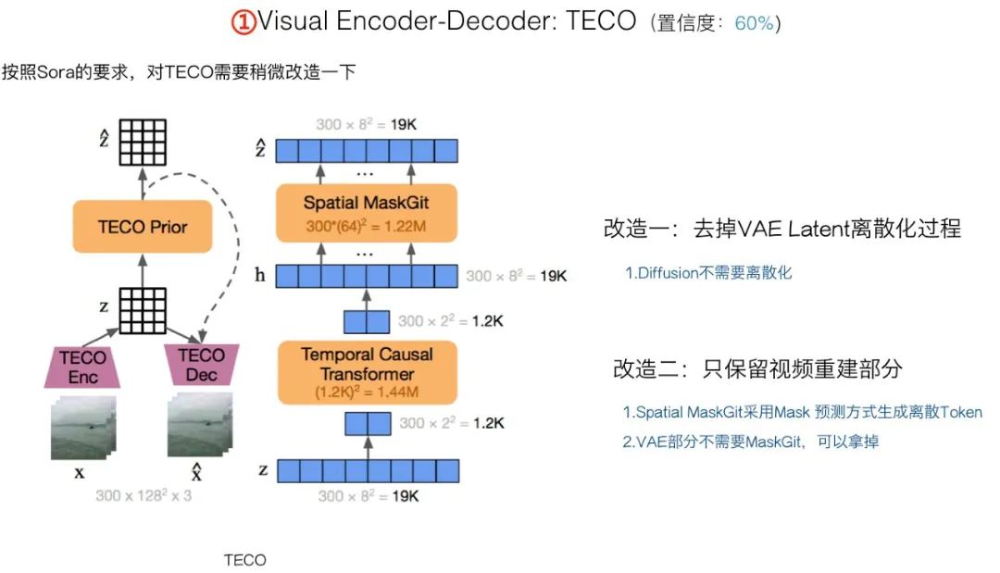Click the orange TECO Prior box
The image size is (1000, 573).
coord(143,226)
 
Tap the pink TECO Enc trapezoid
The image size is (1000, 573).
coord(82,367)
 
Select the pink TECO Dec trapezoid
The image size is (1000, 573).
coord(201,366)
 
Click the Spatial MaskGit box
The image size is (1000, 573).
coord(366,213)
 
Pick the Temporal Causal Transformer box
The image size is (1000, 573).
coord(368,373)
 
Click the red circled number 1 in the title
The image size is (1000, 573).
coord(243,22)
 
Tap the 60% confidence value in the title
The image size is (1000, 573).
coord(754,23)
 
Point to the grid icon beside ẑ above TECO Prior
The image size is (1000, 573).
coord(143,143)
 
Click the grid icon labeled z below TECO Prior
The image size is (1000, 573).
coord(143,310)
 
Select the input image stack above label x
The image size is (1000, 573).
coord(83,428)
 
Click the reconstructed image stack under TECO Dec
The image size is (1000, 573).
coord(200,425)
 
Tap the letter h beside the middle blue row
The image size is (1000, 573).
coord(259,275)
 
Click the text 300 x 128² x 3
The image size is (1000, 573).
coord(144,495)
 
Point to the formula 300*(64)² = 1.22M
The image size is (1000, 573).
coord(366,226)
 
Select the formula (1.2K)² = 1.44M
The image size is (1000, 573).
coord(367,392)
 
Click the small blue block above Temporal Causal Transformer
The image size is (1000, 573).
coord(367,322)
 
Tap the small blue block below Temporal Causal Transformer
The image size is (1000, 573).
coord(368,424)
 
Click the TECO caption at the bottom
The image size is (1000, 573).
coord(244,560)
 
